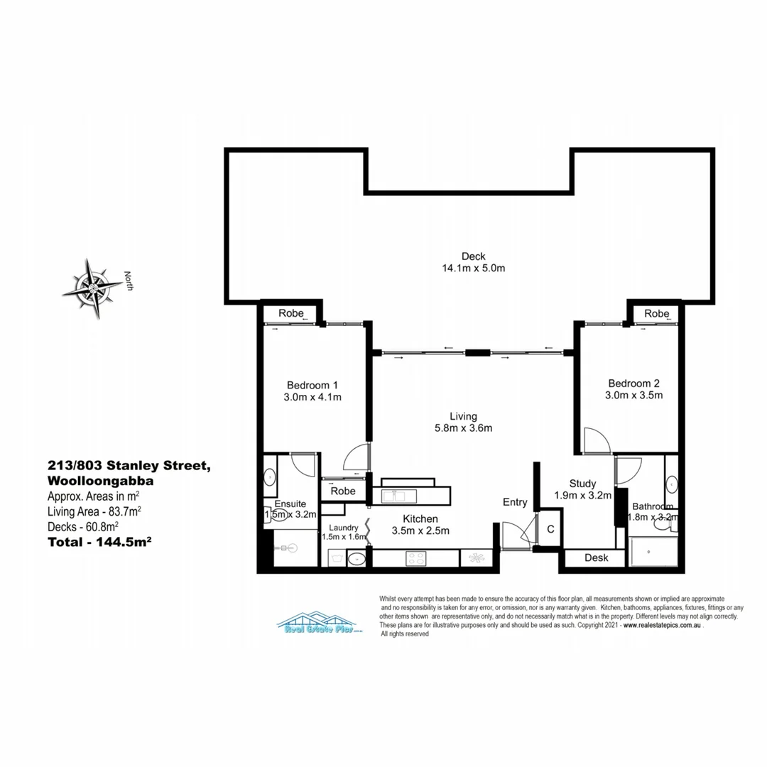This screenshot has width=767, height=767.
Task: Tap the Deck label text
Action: point(473,256)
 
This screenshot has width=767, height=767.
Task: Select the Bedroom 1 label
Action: point(312,384)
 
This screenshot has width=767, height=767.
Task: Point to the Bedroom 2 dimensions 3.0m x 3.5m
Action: point(633,395)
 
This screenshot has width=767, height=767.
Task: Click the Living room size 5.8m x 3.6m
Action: point(463,428)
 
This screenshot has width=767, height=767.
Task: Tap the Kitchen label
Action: point(420,519)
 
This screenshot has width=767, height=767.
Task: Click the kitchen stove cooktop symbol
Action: point(416,559)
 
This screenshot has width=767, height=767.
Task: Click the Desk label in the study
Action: point(597,557)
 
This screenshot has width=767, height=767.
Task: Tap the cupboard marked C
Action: point(550,530)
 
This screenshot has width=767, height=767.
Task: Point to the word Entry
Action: point(515,502)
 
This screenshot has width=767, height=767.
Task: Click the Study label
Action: point(582,484)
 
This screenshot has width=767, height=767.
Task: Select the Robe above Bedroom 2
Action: point(657,313)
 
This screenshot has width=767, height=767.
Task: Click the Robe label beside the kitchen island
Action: point(343,491)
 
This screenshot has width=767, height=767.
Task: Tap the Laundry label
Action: point(344,528)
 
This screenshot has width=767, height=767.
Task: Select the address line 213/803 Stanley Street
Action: point(128,466)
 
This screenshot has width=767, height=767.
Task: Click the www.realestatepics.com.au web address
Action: point(663,626)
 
